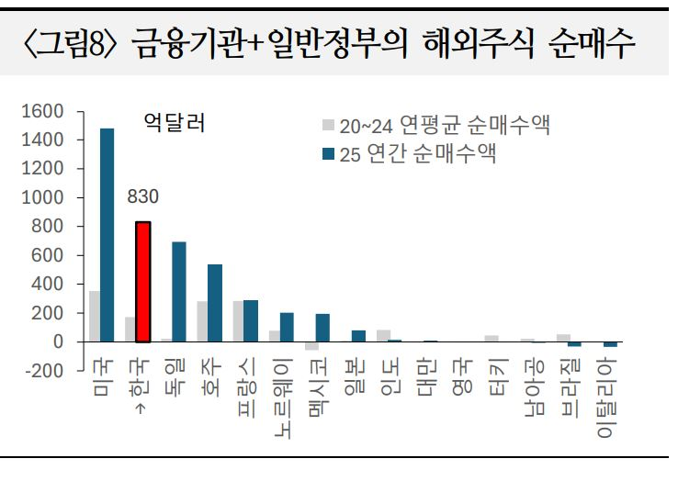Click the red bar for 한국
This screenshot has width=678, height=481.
142,282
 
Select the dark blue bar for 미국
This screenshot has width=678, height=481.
107,235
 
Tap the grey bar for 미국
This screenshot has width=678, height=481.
94,317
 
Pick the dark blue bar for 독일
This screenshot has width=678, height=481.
179,292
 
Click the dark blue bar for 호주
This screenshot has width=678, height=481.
215,303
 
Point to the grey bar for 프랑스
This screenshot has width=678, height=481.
238,321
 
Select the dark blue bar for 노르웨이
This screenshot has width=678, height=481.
287,327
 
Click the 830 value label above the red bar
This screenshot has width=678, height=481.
143,196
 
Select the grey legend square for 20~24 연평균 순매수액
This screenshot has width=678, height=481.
328,125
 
